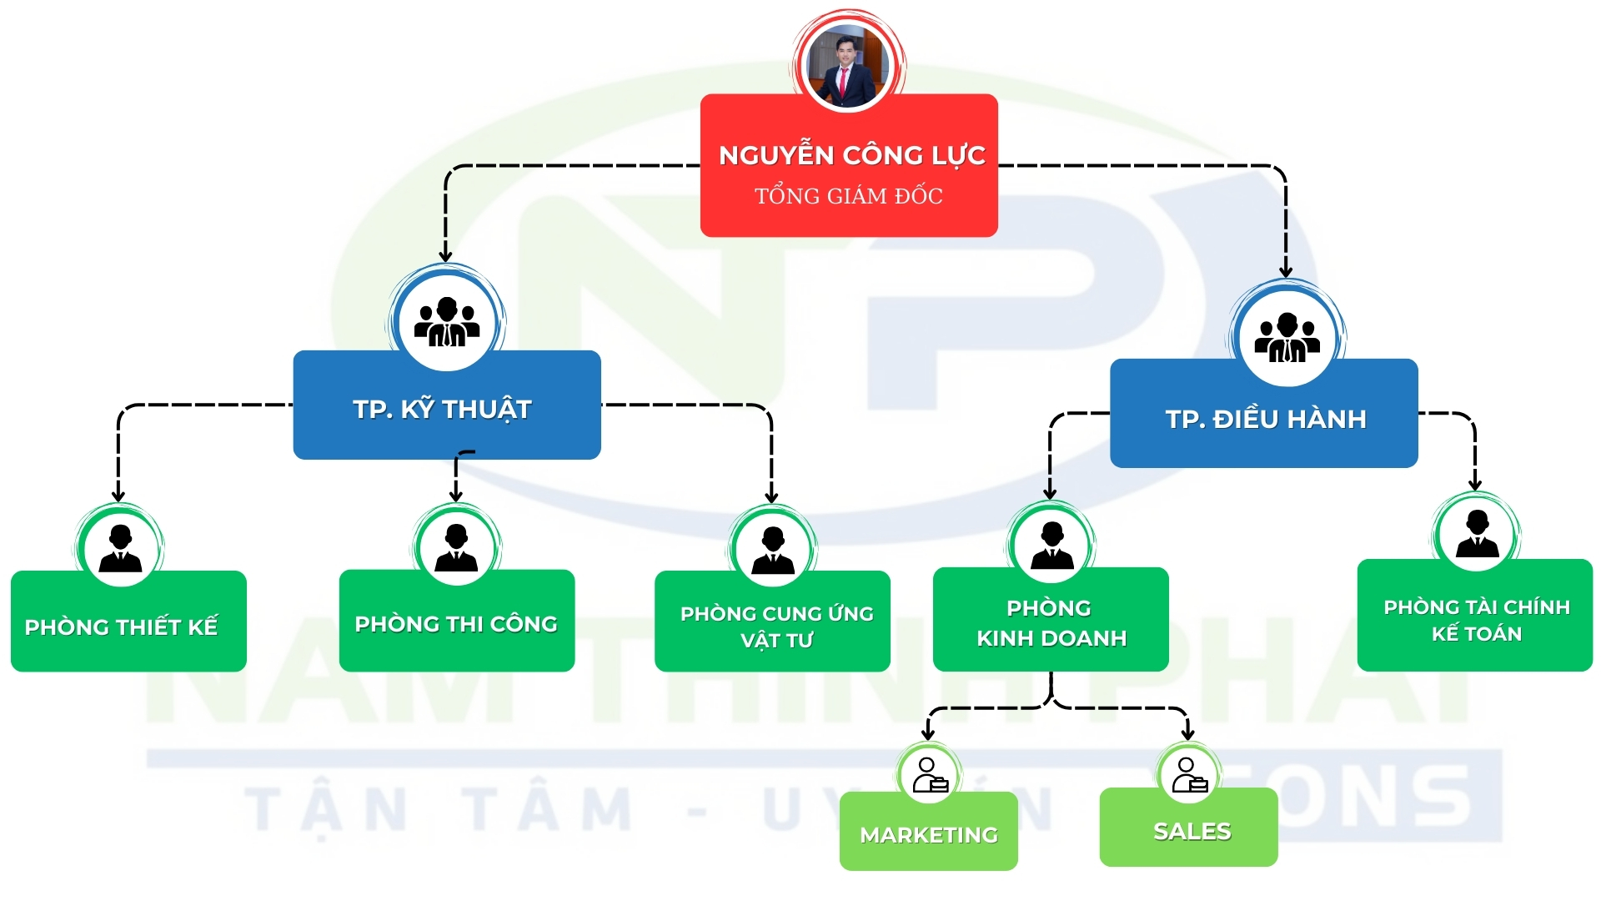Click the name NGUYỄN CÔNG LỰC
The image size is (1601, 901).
[851, 155]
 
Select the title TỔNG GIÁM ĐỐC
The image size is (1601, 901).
[848, 196]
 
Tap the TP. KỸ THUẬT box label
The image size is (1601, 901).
[442, 410]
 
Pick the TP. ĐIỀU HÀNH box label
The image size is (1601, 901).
[1265, 419]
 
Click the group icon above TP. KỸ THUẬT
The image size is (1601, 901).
[447, 322]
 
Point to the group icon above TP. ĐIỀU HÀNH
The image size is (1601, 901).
[1287, 337]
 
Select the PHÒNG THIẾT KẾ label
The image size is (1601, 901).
[121, 627]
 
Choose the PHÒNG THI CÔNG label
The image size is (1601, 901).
[456, 624]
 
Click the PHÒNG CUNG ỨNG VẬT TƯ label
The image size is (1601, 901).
[776, 627]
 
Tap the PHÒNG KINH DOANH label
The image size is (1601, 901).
[1051, 623]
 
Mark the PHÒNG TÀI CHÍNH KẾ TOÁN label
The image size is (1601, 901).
[1476, 621]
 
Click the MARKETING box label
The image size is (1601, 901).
[929, 835]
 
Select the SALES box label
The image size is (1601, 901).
[1192, 832]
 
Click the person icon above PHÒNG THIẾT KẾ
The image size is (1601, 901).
[120, 548]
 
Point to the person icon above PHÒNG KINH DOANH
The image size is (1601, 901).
[1051, 546]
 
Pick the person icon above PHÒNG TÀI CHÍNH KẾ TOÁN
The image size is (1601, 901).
[1477, 534]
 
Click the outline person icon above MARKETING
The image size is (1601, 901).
[929, 775]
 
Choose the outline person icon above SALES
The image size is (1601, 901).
[1189, 774]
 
